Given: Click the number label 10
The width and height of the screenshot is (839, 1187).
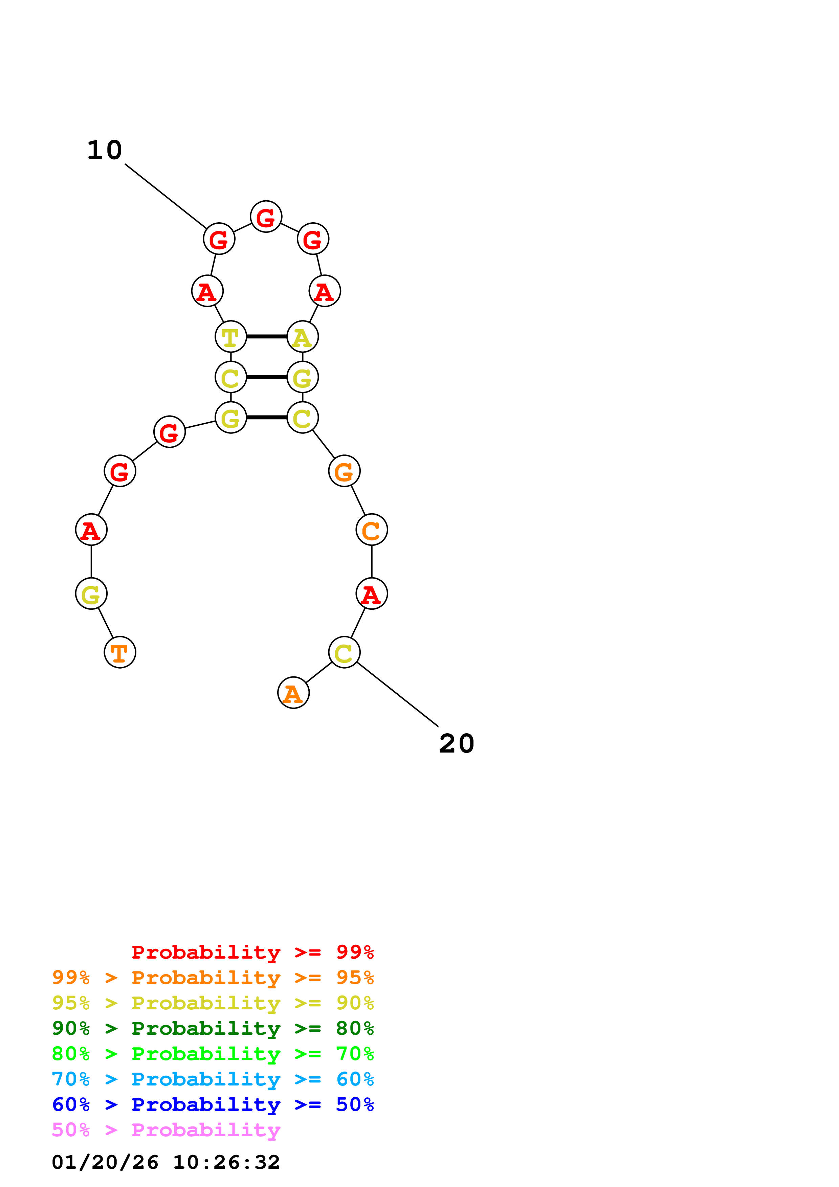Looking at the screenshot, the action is click(105, 151).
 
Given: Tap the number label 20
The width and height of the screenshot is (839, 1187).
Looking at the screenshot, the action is click(457, 744).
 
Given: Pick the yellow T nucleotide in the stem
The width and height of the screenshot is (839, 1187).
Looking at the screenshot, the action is click(230, 337).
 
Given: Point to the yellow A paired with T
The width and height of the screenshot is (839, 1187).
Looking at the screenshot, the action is click(303, 337).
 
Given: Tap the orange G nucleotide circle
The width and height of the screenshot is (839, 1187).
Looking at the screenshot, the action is click(344, 471).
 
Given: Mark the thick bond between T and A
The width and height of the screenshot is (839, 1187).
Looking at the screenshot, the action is click(266, 337).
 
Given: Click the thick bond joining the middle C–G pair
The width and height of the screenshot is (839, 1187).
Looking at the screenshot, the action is click(266, 377).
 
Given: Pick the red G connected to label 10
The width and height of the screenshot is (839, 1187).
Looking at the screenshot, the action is click(219, 239).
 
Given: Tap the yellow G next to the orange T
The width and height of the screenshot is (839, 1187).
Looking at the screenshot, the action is click(91, 594).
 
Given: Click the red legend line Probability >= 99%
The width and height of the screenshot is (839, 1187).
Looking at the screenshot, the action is click(252, 952).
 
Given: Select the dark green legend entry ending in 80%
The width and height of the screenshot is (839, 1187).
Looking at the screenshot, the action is click(213, 1028).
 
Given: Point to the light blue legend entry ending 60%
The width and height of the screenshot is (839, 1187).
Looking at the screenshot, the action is click(213, 1079).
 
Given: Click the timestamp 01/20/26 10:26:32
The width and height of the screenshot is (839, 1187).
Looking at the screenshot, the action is click(165, 1162).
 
